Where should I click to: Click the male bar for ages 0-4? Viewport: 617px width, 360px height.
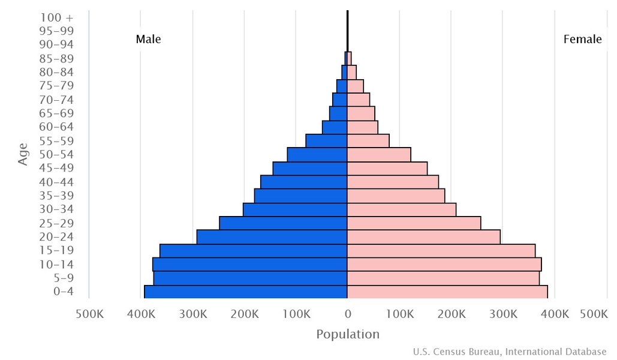click(x=246, y=292)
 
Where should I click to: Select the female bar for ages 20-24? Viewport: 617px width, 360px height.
click(x=423, y=237)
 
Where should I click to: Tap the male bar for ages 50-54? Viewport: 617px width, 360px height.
click(x=317, y=154)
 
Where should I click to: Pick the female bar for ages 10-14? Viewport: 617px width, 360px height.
click(x=444, y=265)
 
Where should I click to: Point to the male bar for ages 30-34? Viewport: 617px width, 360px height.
click(x=295, y=209)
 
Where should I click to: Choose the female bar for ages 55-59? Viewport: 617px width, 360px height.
click(x=368, y=140)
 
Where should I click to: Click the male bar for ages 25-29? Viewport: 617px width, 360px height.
click(x=283, y=223)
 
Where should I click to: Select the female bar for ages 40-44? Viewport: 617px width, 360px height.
click(x=393, y=182)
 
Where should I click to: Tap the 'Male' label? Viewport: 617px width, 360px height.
click(x=148, y=40)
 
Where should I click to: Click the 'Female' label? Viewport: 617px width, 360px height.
click(x=582, y=40)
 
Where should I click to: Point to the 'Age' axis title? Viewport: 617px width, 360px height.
click(x=23, y=154)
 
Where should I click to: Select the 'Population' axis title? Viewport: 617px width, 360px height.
click(x=348, y=334)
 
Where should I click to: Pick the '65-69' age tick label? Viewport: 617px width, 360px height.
click(x=56, y=113)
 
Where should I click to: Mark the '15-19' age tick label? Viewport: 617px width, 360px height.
click(x=56, y=250)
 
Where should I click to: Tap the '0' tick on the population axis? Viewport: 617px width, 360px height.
click(x=347, y=313)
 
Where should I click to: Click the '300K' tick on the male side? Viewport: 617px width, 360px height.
click(x=192, y=313)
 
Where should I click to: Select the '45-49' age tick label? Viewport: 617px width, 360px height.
click(x=56, y=168)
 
